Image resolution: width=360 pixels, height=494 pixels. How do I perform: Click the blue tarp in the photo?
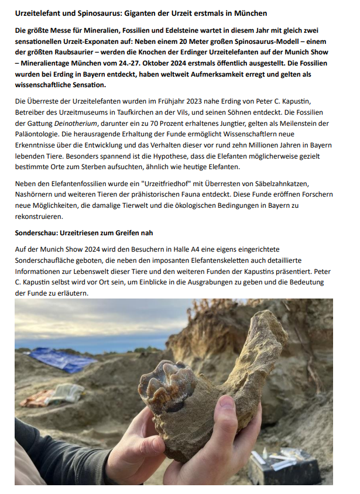point(57,358)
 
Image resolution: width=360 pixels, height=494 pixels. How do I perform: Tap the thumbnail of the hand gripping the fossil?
point(228,403)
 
